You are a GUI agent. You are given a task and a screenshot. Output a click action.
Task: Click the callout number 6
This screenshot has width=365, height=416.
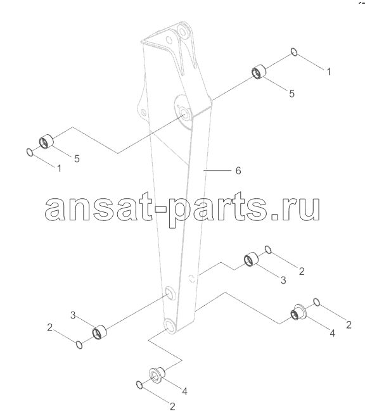(238, 170)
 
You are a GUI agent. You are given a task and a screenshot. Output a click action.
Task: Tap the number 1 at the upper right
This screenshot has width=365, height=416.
(329, 72)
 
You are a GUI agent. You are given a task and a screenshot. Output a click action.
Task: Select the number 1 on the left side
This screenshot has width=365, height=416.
(59, 168)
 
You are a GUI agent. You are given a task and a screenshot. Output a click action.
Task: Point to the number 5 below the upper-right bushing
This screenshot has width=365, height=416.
(291, 93)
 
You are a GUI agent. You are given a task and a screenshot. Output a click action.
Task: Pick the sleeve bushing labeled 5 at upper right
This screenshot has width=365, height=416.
(259, 72)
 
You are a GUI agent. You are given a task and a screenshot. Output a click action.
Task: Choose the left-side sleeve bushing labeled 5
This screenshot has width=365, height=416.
(46, 141)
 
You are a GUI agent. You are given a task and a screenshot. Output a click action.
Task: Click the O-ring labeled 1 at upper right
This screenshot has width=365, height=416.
(294, 52)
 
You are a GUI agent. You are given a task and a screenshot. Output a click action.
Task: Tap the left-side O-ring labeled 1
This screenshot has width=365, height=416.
(30, 153)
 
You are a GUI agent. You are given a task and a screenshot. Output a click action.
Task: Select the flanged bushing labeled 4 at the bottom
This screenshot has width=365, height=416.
(157, 375)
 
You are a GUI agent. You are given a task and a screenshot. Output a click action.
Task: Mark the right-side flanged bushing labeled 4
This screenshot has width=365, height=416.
(299, 312)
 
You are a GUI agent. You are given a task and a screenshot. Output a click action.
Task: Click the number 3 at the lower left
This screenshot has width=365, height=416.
(73, 315)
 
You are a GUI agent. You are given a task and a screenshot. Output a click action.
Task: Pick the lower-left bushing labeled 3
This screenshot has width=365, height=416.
(99, 332)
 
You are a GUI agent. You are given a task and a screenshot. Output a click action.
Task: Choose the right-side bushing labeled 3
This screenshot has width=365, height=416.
(251, 259)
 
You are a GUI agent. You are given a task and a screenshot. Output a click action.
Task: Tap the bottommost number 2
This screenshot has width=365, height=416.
(172, 406)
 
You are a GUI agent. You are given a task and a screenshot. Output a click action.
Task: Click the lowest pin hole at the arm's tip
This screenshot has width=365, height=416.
(170, 326)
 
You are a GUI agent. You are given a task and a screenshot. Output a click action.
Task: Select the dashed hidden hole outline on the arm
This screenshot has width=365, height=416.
(191, 279)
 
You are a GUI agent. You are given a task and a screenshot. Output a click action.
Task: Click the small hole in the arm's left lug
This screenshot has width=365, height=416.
(143, 112)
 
